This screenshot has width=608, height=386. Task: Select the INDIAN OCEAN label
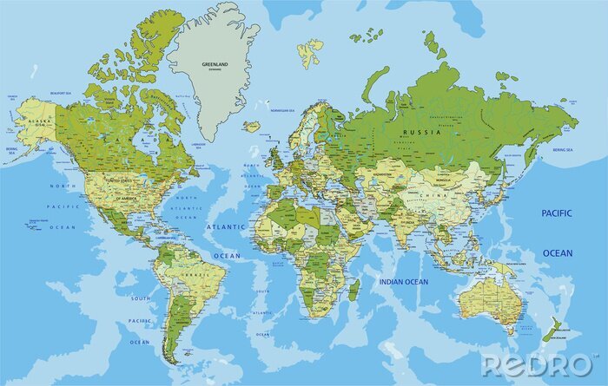404,281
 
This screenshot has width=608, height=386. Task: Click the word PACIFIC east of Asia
558,213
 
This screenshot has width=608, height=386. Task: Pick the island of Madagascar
354,289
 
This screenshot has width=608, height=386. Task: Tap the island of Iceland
252,126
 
